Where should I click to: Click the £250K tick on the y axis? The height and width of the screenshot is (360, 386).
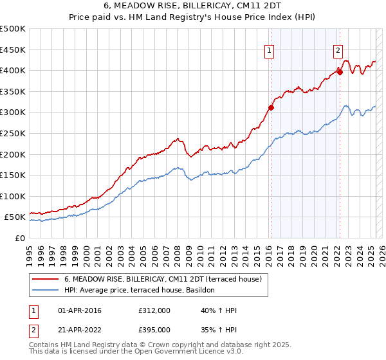click(x=13, y=133)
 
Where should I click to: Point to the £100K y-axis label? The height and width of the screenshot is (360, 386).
click(x=13, y=196)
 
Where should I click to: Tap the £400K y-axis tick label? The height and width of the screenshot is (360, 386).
click(x=13, y=70)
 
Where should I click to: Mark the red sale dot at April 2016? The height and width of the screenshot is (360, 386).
click(x=271, y=107)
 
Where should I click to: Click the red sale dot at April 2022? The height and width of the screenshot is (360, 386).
click(x=340, y=72)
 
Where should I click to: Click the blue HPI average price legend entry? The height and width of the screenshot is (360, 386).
click(x=143, y=291)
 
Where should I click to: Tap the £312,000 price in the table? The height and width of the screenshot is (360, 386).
click(x=154, y=311)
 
